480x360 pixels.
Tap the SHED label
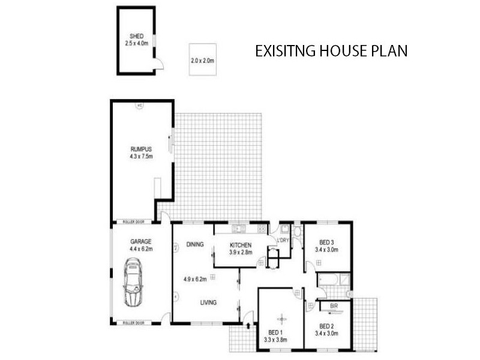coord(135,37)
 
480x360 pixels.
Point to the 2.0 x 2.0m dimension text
coord(202,61)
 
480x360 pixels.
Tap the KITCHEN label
coord(242,245)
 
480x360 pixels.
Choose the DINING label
coord(195,244)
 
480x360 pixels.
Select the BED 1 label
coord(276,332)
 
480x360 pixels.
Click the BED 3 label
coord(328,242)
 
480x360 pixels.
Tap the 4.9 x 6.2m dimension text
coord(195,279)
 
